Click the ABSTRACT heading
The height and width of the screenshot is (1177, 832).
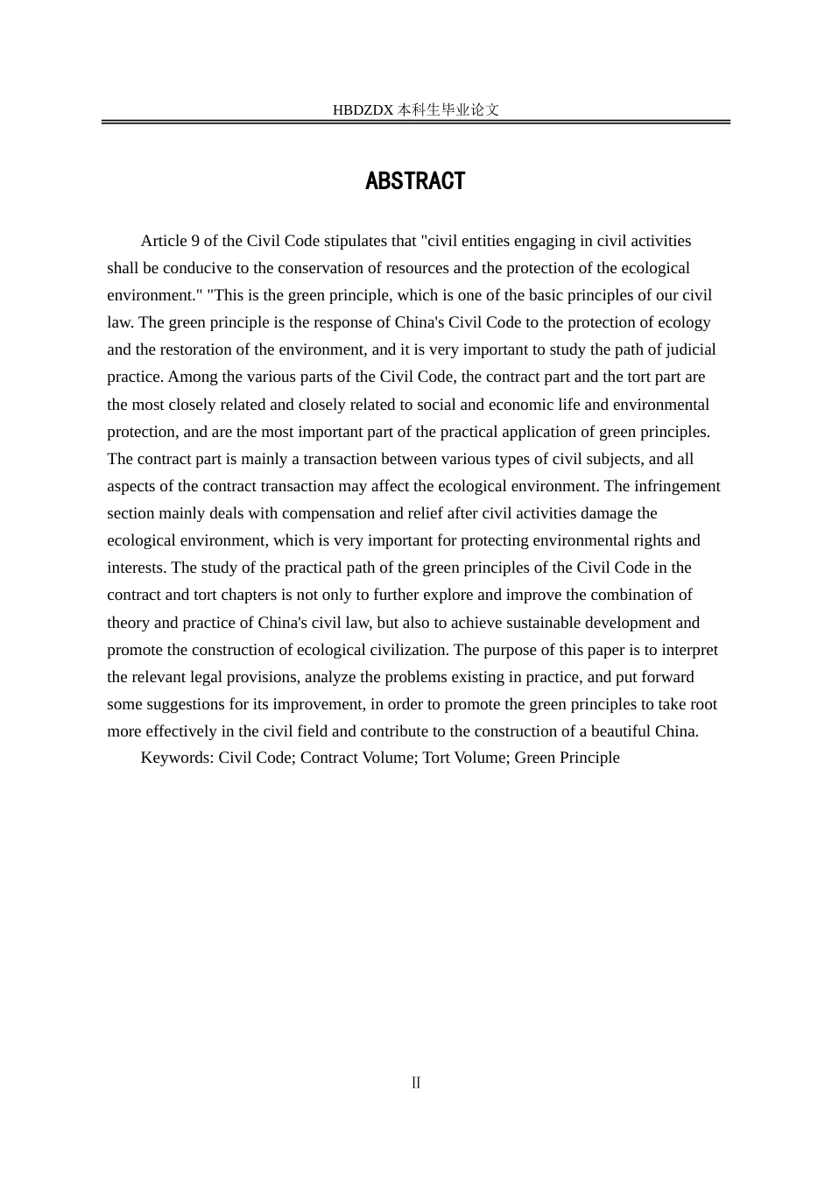point(415,181)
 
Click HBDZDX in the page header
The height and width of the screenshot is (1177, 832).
point(363,110)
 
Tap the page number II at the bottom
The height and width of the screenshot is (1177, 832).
point(416,1083)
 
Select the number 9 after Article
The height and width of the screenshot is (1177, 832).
point(195,241)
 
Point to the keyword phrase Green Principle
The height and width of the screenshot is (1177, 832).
point(567,758)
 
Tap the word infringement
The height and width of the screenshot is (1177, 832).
point(679,486)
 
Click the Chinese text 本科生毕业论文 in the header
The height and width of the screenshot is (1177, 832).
point(448,110)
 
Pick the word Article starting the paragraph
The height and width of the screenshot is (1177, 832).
point(164,241)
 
